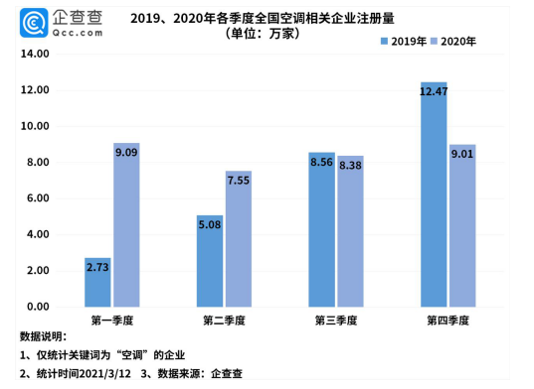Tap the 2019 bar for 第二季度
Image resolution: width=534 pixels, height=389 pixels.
[210, 260]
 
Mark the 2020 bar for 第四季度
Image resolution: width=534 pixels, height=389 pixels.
[462, 225]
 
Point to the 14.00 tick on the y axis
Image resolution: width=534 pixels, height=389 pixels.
[36, 55]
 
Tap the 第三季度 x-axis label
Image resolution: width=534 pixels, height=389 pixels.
[336, 321]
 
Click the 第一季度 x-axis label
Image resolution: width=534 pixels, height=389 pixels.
[112, 321]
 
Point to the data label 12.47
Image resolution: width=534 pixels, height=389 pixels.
[434, 91]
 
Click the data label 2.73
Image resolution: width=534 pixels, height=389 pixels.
[97, 267]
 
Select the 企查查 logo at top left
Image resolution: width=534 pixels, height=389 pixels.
[60, 22]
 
